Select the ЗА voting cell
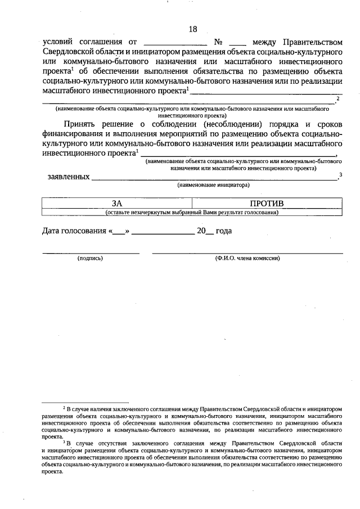point(116,203)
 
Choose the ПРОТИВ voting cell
point(267,203)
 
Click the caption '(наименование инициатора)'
point(214,184)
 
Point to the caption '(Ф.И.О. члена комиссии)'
point(247,258)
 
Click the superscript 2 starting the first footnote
point(64,406)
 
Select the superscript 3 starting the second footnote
point(64,443)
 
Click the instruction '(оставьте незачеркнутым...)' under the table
point(192,213)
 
